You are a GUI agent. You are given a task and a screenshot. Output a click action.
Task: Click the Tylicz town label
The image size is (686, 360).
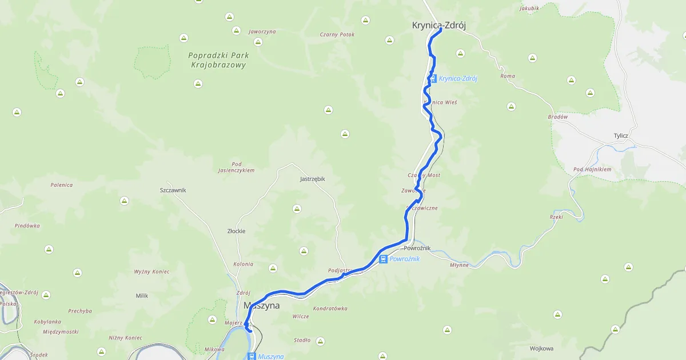point(620,135)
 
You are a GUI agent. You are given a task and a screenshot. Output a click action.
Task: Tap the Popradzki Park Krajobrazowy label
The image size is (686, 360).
point(217,60)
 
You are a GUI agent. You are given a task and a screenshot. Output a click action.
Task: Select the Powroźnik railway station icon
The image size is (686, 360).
point(382,259)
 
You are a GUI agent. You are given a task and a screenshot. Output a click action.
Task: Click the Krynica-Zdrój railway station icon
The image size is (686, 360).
point(433,78)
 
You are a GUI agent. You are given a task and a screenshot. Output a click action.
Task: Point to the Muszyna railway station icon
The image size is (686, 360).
point(252,356)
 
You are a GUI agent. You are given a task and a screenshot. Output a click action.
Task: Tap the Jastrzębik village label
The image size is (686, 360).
point(312,179)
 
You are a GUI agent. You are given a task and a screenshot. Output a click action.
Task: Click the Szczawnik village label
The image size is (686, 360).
point(173,190)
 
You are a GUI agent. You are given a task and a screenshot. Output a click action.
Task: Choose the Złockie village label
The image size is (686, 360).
point(236,231)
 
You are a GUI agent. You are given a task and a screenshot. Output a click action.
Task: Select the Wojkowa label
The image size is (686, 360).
point(541,348)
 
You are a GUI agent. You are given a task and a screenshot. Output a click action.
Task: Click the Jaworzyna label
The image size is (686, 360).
point(262,31)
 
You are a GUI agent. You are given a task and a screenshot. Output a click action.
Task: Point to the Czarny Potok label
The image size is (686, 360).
point(337,34)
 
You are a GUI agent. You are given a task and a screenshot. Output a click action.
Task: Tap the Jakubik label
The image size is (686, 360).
point(529,9)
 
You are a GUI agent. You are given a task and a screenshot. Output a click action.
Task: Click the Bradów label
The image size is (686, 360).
point(557,117)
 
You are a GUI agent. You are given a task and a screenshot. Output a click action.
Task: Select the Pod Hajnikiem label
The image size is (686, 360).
point(592,169)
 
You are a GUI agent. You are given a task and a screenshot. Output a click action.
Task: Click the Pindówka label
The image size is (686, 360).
point(27,226)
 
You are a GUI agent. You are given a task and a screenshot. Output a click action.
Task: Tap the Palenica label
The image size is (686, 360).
point(61,185)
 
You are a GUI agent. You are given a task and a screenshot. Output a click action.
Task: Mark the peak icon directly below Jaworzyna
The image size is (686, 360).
point(258,42)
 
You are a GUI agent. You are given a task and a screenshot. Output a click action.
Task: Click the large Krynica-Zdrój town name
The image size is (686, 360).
point(434,25)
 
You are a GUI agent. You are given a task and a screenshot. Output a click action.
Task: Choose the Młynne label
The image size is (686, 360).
point(459,265)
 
